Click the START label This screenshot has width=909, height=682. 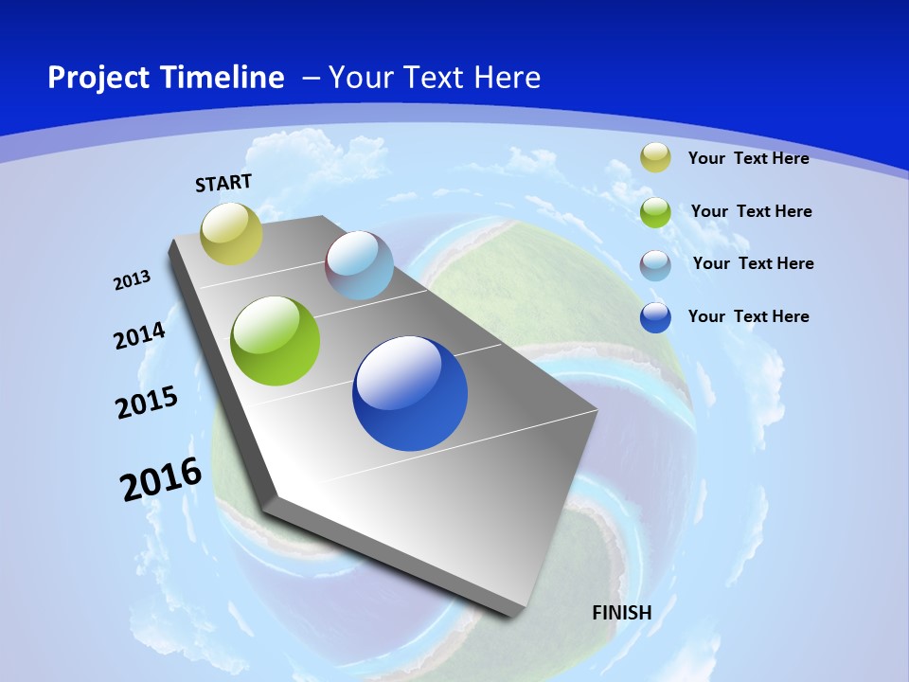(x=223, y=183)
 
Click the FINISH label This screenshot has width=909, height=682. (x=621, y=612)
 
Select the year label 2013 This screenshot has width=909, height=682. (x=133, y=280)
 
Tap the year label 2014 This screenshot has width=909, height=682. (x=139, y=336)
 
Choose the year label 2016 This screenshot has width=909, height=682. (x=161, y=479)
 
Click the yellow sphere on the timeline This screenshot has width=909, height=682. (x=231, y=233)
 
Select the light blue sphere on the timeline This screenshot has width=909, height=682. (x=359, y=265)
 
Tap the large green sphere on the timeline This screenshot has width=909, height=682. (x=276, y=341)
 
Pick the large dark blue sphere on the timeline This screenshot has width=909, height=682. (x=410, y=393)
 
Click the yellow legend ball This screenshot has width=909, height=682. (x=655, y=157)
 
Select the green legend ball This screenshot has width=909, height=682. (x=655, y=211)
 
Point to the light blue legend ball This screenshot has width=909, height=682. (x=655, y=264)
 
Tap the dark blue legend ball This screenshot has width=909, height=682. (x=655, y=317)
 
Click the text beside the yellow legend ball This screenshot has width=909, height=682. (x=748, y=158)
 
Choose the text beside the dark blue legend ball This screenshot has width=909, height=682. (x=748, y=316)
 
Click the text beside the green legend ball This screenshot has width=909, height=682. (x=751, y=211)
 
